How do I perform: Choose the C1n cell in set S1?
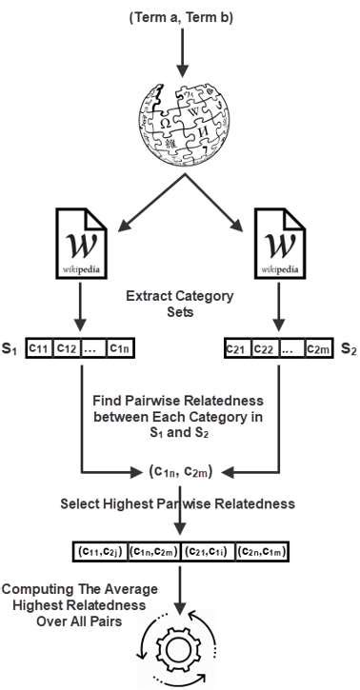[122, 349]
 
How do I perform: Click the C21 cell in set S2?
[235, 349]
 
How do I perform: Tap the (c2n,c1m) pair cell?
[262, 550]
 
